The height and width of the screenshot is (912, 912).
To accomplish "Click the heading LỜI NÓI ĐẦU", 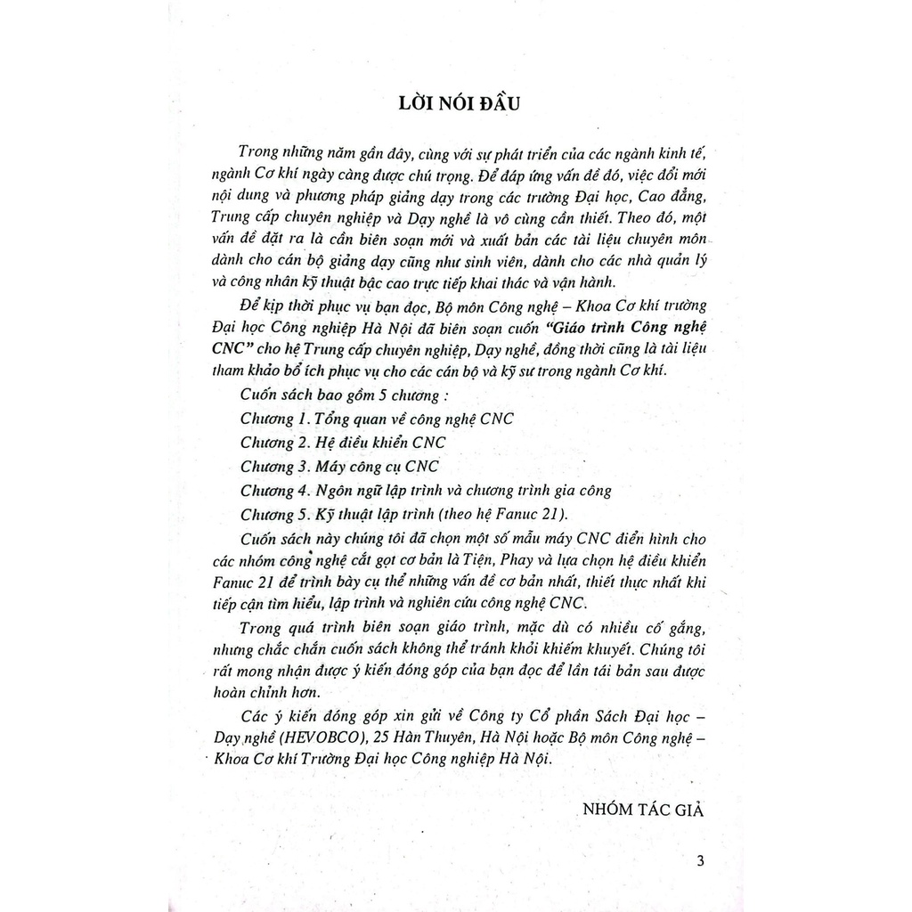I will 455,102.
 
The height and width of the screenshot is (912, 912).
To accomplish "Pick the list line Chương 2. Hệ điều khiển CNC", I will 343,443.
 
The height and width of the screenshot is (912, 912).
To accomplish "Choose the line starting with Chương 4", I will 426,491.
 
